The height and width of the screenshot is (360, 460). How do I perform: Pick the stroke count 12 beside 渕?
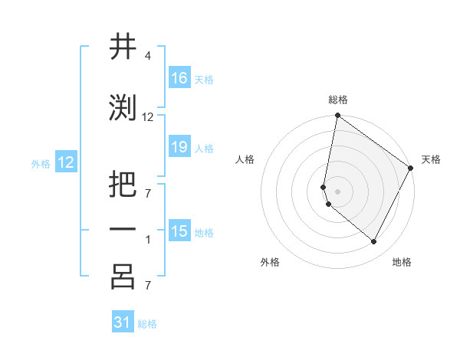[x=148, y=117]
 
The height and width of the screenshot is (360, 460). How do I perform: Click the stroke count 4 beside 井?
[x=147, y=56]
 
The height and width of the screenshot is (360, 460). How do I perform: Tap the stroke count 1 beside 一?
[x=147, y=240]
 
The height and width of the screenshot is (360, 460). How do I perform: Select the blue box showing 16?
[x=179, y=77]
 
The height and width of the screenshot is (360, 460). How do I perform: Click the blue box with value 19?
[x=179, y=147]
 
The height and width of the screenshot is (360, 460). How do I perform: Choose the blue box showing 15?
[x=179, y=231]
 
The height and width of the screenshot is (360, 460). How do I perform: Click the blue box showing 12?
[x=66, y=162]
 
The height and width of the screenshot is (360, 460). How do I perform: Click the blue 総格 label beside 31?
[x=147, y=324]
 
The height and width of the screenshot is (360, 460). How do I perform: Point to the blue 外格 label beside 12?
[x=41, y=163]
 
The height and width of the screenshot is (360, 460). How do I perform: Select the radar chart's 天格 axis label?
[x=431, y=159]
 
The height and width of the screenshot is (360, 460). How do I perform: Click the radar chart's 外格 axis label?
[x=270, y=262]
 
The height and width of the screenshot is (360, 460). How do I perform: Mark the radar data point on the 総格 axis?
[x=337, y=116]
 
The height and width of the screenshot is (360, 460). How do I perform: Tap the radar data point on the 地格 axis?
[x=374, y=242]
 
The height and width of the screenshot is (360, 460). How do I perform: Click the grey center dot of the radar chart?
[x=337, y=191]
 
